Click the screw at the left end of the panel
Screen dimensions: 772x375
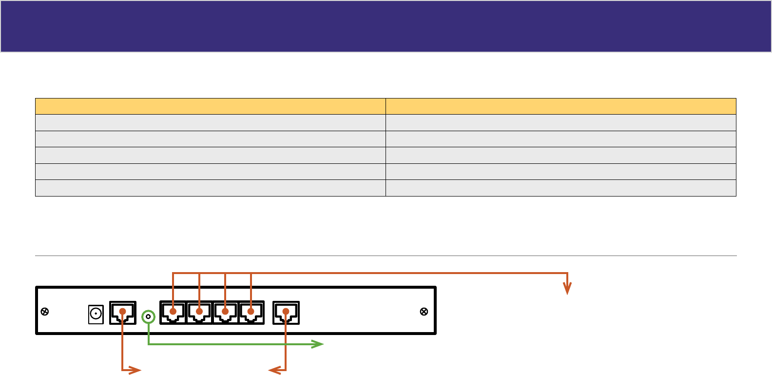pyautogui.click(x=45, y=312)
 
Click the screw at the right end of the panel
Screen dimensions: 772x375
pyautogui.click(x=424, y=312)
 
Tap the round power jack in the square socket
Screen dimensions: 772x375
pyautogui.click(x=96, y=314)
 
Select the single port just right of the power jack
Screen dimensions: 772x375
pyautogui.click(x=123, y=313)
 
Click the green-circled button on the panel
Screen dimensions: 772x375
pyautogui.click(x=149, y=317)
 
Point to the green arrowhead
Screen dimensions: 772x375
pyautogui.click(x=318, y=344)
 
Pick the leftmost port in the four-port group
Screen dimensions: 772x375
pyautogui.click(x=173, y=313)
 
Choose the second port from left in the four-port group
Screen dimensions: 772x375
pyautogui.click(x=199, y=313)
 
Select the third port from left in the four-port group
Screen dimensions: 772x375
pyautogui.click(x=225, y=313)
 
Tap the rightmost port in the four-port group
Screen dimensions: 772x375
pyautogui.click(x=251, y=313)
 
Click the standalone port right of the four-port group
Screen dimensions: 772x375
pyautogui.click(x=286, y=313)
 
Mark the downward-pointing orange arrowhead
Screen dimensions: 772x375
pyautogui.click(x=567, y=289)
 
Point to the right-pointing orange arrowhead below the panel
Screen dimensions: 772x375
pyautogui.click(x=135, y=371)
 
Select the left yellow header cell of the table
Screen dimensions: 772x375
pyautogui.click(x=210, y=106)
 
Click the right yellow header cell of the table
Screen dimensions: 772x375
pyautogui.click(x=560, y=106)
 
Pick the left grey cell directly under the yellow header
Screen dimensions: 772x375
pyautogui.click(x=210, y=122)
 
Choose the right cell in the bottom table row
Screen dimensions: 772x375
pyautogui.click(x=560, y=188)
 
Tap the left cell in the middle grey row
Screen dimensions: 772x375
pyautogui.click(x=210, y=155)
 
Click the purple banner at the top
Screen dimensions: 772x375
pyautogui.click(x=386, y=26)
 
